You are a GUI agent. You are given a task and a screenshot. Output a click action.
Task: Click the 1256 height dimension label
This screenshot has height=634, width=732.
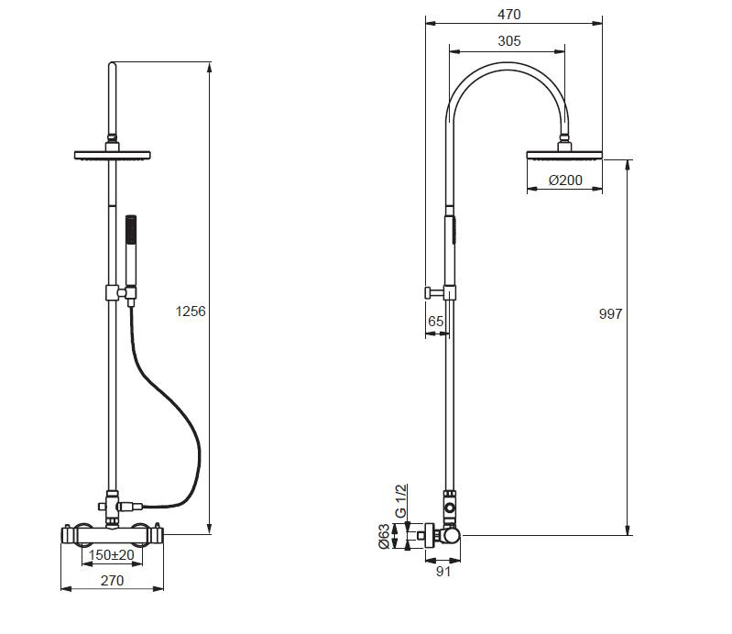click(191, 312)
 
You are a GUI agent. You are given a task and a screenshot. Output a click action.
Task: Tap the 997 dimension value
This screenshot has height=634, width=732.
click(610, 314)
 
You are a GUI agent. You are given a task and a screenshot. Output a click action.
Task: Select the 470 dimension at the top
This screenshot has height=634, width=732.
click(509, 15)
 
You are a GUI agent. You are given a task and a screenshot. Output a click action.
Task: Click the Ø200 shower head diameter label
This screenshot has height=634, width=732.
click(565, 180)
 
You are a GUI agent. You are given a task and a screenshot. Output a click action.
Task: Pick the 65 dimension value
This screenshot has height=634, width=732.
click(435, 322)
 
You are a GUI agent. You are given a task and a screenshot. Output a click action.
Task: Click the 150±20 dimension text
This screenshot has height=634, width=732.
click(112, 555)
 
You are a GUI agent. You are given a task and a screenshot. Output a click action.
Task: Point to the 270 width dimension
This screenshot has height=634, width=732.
click(112, 580)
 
